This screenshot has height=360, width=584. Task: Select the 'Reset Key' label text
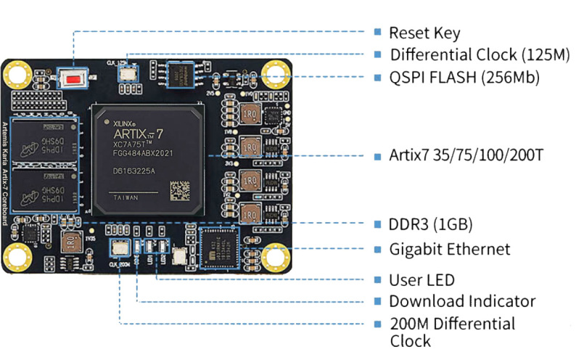coord(424,33)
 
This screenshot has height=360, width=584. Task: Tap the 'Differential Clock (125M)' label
coord(464,55)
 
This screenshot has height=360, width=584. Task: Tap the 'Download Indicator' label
coord(462,301)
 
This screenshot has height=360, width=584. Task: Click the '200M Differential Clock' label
coord(451,332)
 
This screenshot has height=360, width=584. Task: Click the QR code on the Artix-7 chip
coord(181,190)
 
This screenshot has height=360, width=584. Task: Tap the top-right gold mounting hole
coord(276,73)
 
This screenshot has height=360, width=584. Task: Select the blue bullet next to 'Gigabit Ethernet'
coord(377,250)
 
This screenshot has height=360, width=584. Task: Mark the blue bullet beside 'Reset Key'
coord(377,33)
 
